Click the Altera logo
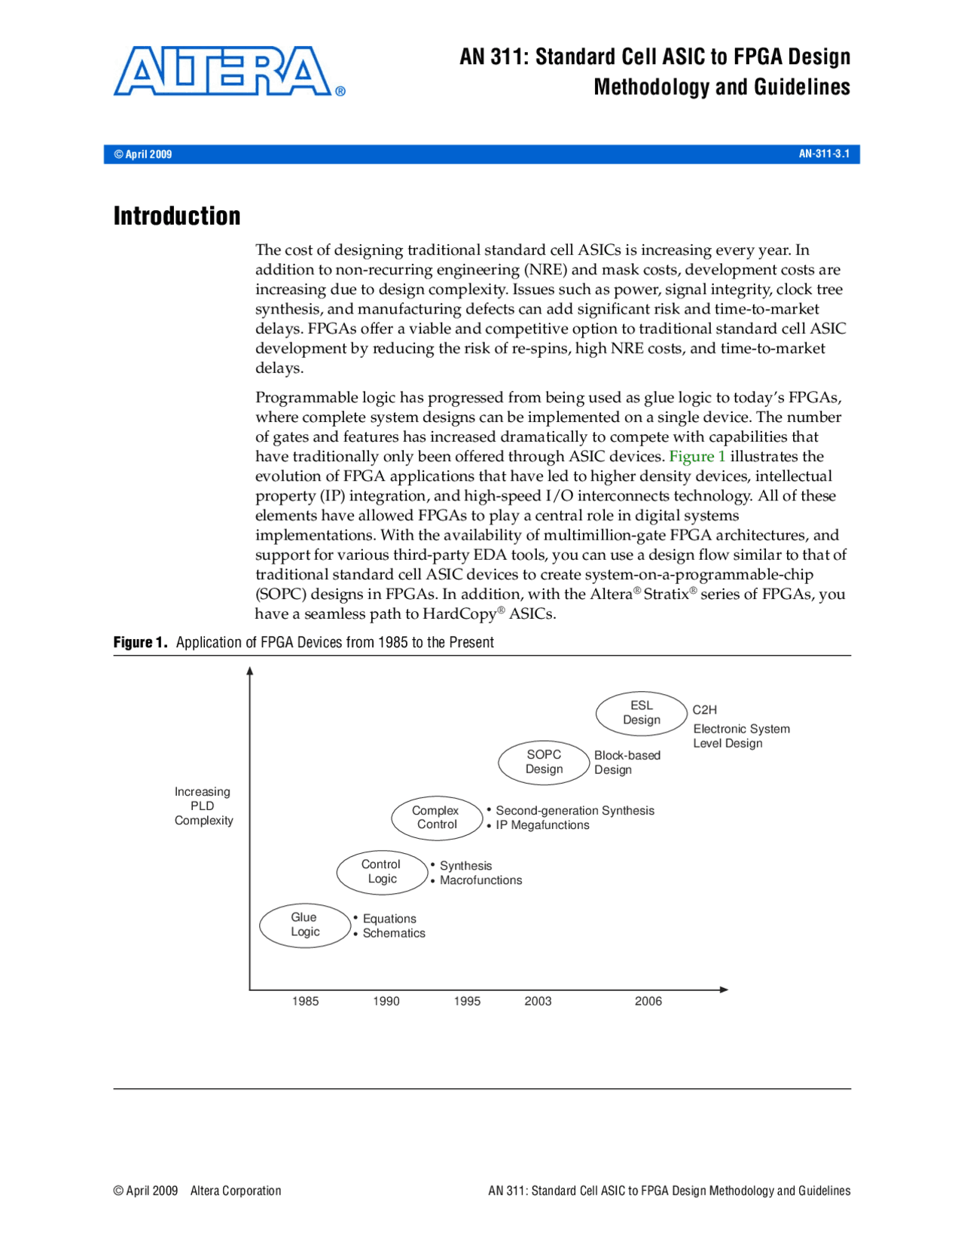226,72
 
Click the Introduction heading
177,216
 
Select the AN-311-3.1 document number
823,154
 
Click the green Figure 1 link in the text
697,457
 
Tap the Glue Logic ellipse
305,925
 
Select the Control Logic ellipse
382,872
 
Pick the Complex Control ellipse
436,818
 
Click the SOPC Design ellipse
544,762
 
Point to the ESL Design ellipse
641,713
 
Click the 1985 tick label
305,1001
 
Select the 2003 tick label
538,1001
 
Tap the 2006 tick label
648,1001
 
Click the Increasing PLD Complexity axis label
203,806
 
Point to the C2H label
704,710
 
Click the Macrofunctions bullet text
480,880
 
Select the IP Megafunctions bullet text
542,825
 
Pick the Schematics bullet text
394,933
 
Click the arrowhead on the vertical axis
250,671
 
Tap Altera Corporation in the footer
236,1191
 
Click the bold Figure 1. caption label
140,642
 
